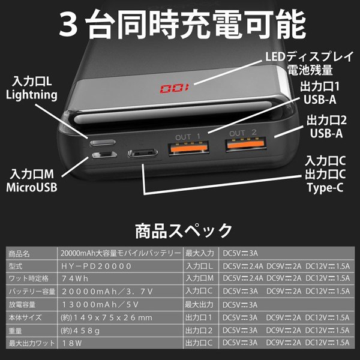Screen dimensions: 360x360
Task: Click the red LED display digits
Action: pos(175,88)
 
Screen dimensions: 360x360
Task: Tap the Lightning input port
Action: pos(103,143)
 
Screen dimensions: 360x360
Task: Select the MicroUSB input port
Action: pos(104,155)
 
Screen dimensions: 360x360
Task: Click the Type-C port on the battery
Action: pos(143,153)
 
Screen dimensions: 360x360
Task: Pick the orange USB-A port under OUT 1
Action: pos(189,148)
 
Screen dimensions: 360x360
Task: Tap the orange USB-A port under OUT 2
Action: pos(246,144)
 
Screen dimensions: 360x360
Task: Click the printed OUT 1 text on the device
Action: pos(188,137)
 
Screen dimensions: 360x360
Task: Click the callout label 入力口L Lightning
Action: pos(32,88)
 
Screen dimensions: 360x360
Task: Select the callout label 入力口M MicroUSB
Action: pos(32,181)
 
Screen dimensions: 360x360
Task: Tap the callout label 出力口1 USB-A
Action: pos(320,93)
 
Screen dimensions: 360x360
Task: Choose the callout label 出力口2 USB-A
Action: pos(326,127)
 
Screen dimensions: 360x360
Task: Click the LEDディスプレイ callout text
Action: pos(309,56)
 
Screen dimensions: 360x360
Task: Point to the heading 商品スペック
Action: pos(184,231)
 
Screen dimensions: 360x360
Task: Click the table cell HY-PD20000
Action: pos(96,266)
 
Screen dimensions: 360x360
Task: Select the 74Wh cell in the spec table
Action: pos(75,279)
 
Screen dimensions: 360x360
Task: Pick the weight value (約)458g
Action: pos(80,331)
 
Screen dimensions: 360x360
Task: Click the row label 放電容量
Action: pos(22,305)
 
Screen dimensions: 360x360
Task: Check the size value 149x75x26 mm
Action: pos(106,318)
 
